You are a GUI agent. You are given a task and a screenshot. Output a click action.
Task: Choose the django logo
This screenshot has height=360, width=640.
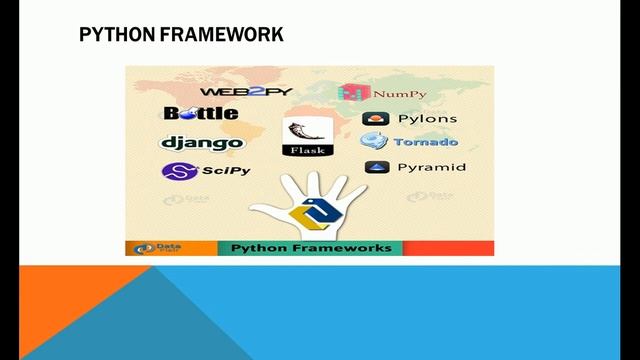click(x=202, y=142)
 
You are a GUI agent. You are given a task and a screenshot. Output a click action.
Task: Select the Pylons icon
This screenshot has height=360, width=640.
click(x=376, y=118)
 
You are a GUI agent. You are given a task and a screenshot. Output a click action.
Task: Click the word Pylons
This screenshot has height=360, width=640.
click(x=428, y=118)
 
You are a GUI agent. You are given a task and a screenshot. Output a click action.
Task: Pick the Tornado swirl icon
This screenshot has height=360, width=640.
click(x=375, y=142)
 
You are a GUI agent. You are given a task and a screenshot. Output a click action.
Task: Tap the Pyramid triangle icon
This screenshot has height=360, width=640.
click(x=376, y=167)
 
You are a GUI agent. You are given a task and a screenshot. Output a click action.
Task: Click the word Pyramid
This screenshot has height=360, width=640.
click(x=431, y=167)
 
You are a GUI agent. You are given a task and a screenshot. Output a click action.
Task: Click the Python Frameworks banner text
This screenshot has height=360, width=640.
click(x=311, y=248)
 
